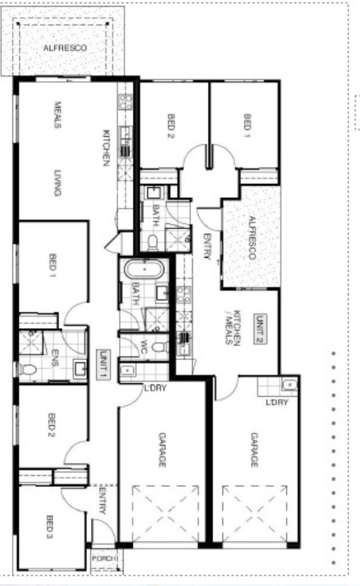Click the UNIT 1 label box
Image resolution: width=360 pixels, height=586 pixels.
click(x=103, y=365)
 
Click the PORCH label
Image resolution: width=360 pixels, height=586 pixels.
click(x=105, y=558)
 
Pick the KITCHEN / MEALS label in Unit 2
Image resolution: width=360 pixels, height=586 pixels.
click(x=232, y=327)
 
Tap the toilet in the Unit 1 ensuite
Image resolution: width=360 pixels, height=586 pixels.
click(x=28, y=369)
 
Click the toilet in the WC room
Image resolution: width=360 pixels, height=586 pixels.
click(x=160, y=346)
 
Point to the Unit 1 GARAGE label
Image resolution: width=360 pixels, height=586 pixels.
click(x=161, y=450)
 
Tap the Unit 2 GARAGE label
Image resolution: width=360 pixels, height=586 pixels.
click(x=254, y=450)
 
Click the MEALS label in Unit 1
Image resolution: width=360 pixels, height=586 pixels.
click(x=58, y=115)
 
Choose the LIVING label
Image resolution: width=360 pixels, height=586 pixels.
click(x=57, y=183)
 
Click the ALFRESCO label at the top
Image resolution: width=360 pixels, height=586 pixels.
click(x=65, y=49)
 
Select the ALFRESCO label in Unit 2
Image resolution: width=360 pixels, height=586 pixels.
click(x=251, y=238)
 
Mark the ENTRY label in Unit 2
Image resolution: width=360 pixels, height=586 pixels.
click(x=207, y=246)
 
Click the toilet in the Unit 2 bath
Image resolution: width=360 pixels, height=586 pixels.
click(x=152, y=243)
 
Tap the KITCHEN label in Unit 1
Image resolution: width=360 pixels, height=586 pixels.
click(x=106, y=148)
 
